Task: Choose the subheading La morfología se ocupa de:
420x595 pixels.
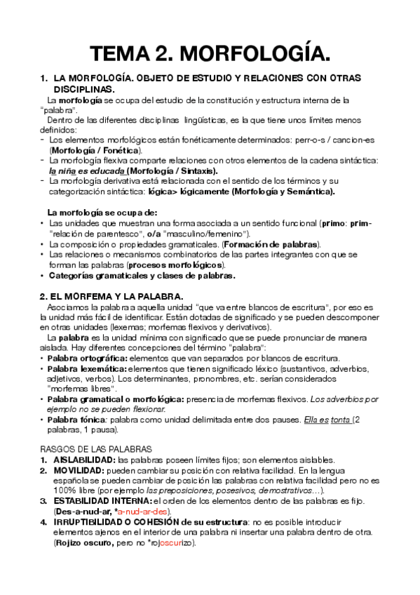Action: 102,213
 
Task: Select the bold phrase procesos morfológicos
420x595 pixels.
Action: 186,265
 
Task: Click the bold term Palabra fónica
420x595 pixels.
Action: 75,420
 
